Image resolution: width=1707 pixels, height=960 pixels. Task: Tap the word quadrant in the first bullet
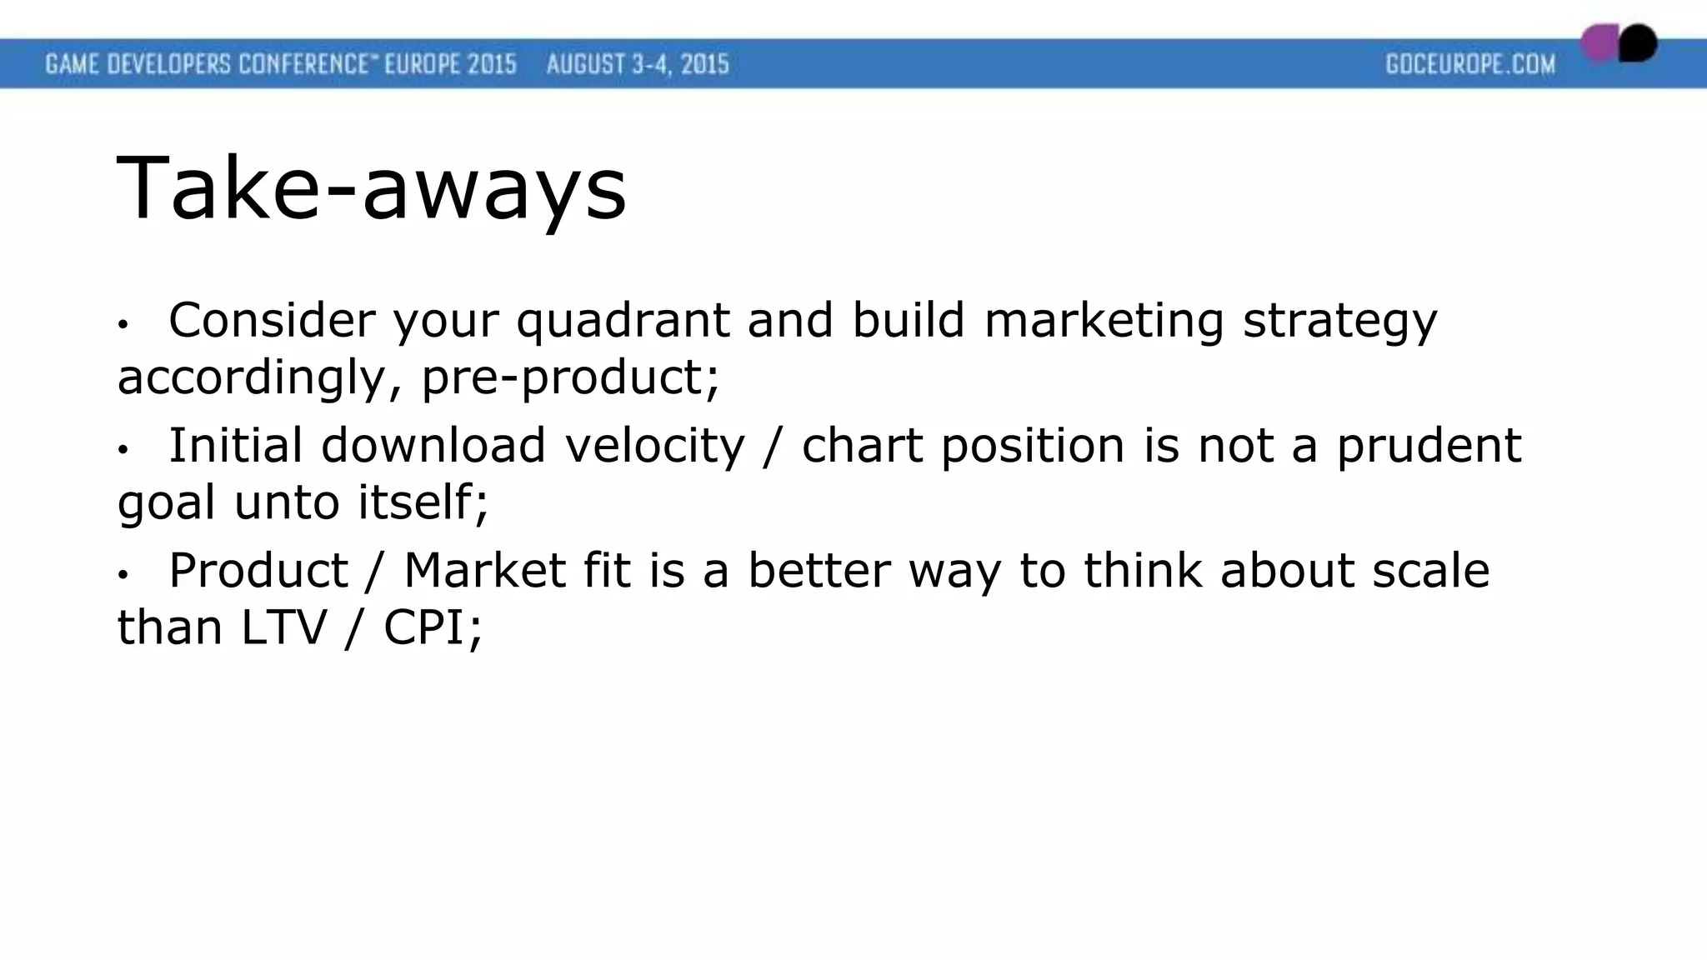point(623,321)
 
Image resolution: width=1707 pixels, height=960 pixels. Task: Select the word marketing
point(1104,321)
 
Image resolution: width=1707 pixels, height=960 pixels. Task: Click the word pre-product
point(569,377)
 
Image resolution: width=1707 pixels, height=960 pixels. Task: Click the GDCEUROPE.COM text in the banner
point(1470,64)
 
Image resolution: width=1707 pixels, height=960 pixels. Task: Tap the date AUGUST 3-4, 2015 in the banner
point(638,64)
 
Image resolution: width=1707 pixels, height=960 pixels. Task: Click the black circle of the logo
point(1638,43)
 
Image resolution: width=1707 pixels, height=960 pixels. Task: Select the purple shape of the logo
point(1599,43)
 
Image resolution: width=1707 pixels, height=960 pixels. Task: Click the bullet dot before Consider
point(123,324)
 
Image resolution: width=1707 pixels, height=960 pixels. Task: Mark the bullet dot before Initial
point(123,450)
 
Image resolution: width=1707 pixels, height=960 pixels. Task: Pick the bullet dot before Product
point(123,575)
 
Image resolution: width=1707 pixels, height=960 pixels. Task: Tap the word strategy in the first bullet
point(1339,321)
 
